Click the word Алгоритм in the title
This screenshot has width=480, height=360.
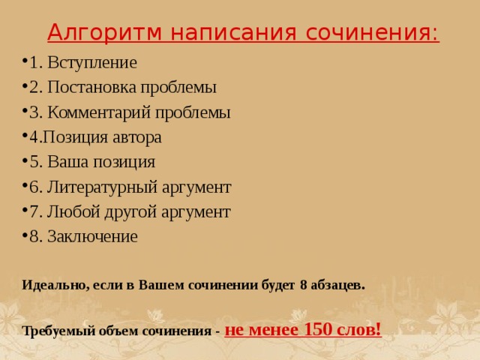click(104, 32)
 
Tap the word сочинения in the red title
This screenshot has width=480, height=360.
click(372, 32)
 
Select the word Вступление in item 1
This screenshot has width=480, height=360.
click(92, 63)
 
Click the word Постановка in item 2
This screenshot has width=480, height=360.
click(91, 87)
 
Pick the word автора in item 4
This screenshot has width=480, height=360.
click(137, 137)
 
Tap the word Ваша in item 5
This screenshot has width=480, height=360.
click(68, 162)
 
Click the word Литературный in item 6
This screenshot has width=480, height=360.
click(102, 187)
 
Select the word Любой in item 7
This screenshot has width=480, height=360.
click(73, 211)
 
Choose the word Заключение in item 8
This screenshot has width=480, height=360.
click(92, 237)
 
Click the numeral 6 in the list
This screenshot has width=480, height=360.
click(34, 187)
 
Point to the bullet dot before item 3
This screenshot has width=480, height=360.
click(25, 109)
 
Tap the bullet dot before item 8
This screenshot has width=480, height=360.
click(25, 234)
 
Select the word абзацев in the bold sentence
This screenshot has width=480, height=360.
click(337, 285)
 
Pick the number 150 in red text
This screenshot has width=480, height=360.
click(318, 330)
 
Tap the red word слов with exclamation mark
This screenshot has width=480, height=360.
click(359, 330)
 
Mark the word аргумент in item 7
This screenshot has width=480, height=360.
click(196, 212)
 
